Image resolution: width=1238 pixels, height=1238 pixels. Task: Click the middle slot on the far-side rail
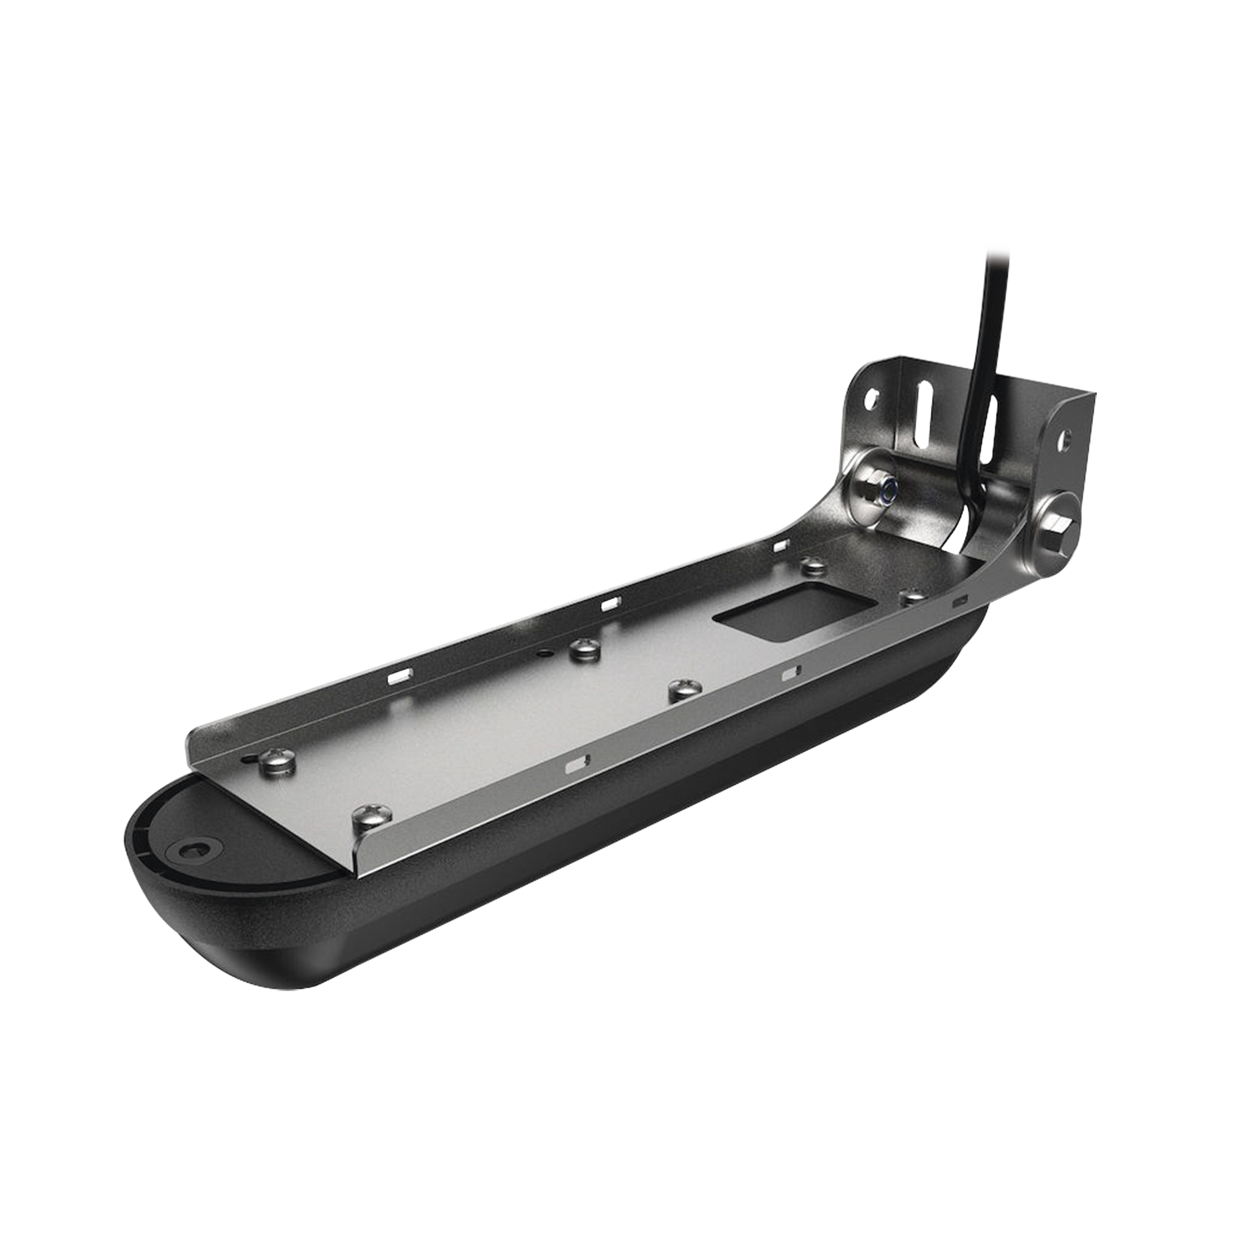click(x=608, y=604)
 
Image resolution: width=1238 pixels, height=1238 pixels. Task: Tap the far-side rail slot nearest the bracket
click(x=781, y=545)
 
